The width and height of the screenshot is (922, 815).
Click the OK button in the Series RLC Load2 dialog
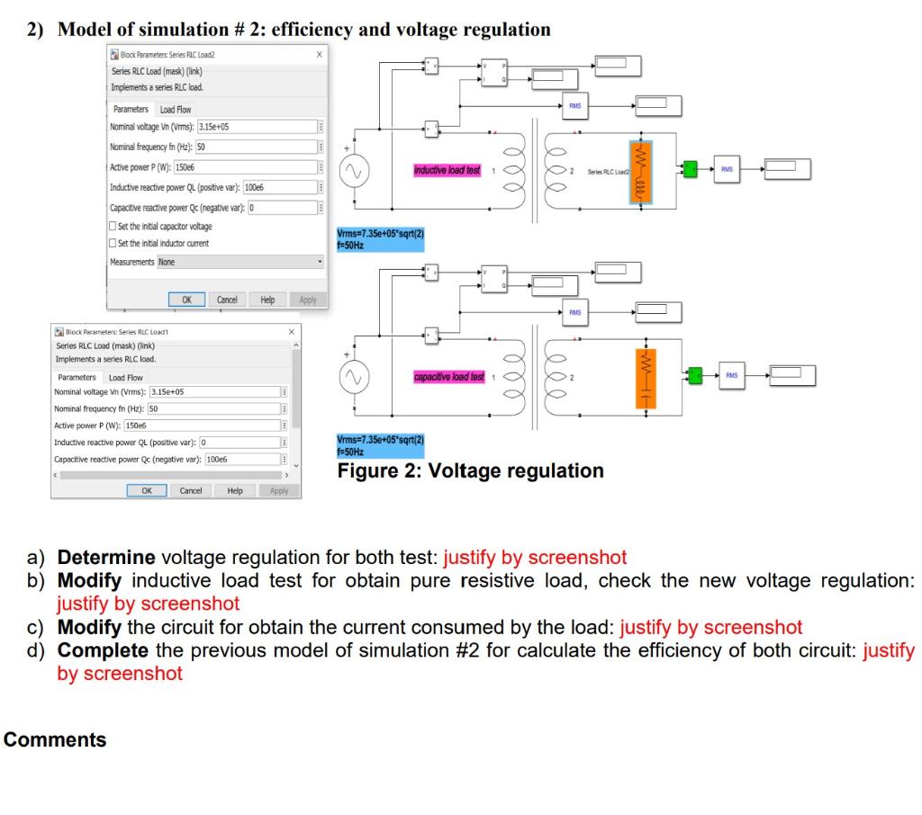point(187,300)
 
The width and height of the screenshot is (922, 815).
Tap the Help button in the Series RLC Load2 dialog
point(267,300)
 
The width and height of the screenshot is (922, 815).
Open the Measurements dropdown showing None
point(240,263)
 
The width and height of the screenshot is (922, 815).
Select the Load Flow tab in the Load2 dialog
point(176,110)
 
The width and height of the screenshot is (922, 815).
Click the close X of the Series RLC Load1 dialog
point(291,332)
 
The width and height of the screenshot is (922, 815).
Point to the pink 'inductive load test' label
point(447,170)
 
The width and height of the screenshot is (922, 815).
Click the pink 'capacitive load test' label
point(449,377)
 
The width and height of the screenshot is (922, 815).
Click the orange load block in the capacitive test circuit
point(643,379)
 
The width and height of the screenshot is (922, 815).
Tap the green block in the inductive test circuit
point(690,168)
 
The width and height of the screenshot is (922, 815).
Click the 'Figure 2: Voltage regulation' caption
point(470,470)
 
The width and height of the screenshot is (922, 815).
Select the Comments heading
point(55,739)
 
